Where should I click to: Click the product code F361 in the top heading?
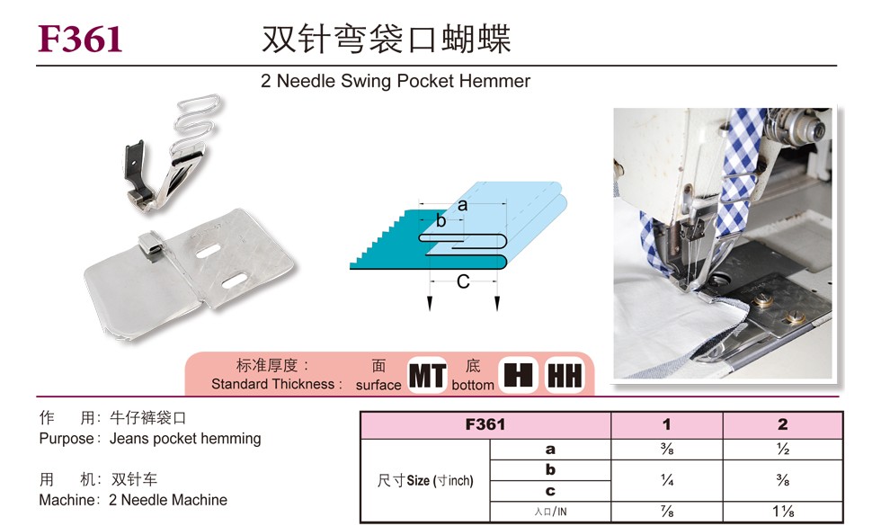coord(80,39)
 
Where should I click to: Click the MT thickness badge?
coord(427,376)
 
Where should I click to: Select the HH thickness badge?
coord(565,376)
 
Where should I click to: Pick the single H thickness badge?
coord(518,375)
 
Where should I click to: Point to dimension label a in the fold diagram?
coord(462,205)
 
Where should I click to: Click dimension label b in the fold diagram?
coord(441,220)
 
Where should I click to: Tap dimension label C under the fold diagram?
coord(463,281)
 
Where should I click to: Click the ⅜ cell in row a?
coord(667,450)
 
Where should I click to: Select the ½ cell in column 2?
coord(783,450)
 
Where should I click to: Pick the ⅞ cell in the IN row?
coord(667,512)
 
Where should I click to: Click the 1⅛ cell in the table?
coord(783,512)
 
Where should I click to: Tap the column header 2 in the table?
coord(783,424)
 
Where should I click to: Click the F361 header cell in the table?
coord(485,424)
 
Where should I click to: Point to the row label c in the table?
coord(550,491)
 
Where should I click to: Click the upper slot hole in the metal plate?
coord(209,251)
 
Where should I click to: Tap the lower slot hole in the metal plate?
coord(235,281)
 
